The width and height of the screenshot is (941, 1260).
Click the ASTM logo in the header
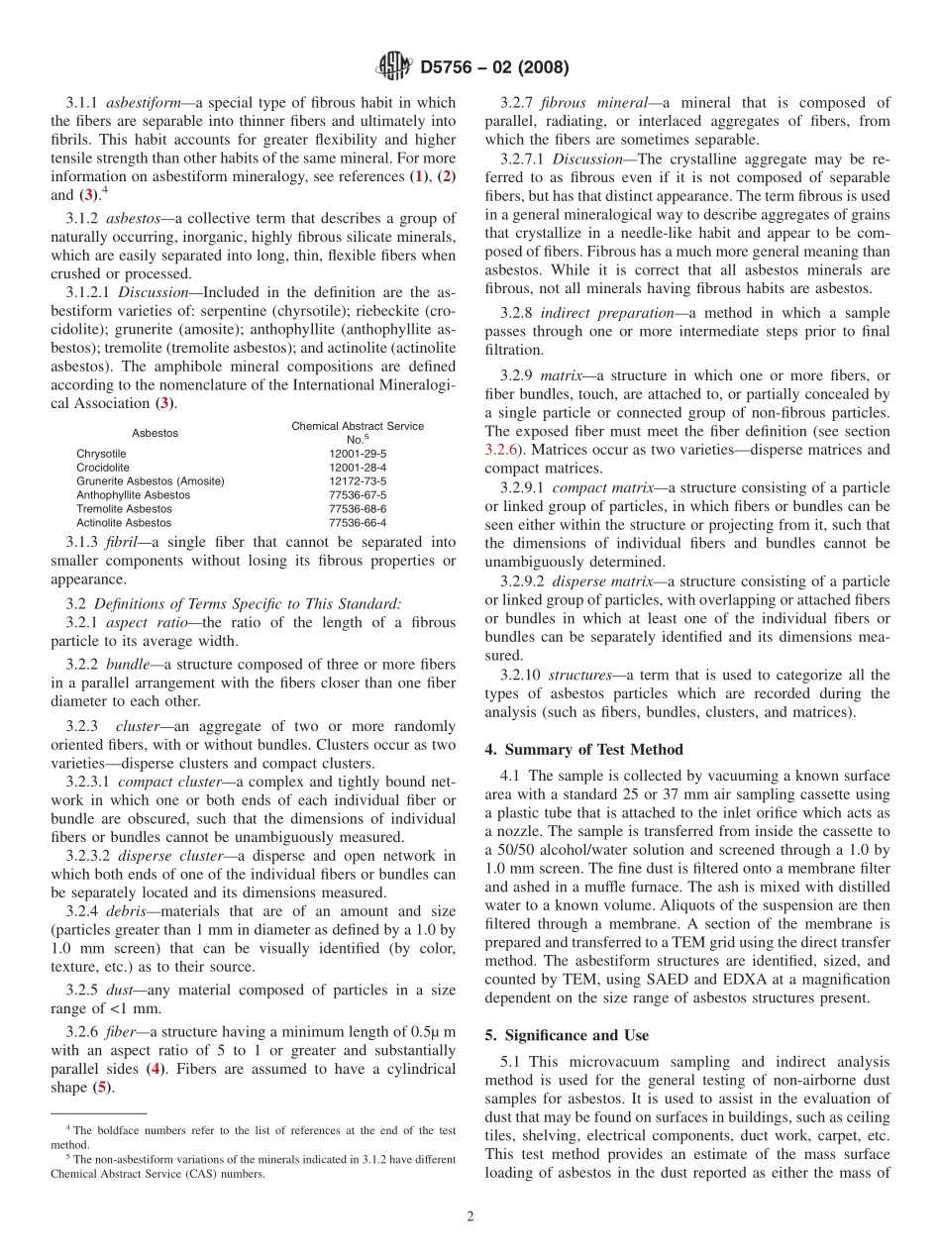tap(393, 68)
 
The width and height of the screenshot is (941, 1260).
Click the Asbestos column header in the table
tap(155, 434)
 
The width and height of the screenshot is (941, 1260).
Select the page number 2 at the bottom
tap(470, 1216)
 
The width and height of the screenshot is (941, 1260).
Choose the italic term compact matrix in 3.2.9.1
tap(601, 489)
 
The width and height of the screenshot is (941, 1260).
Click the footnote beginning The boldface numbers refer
tap(253, 1130)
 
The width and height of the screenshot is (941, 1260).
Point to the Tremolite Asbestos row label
tap(124, 509)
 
